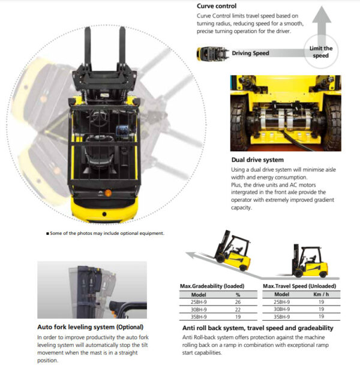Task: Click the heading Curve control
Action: pos(217,6)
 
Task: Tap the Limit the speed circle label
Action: pos(321,52)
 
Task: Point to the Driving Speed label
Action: pos(250,53)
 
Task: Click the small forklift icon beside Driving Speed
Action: pos(213,54)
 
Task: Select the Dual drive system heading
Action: pos(257,160)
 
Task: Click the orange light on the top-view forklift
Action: pos(108,193)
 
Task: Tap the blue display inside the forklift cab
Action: pos(122,130)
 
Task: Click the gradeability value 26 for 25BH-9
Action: pos(238,302)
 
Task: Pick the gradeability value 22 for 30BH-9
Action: pos(238,310)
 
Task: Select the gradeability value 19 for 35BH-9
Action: pos(238,317)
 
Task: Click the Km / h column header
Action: pos(321,294)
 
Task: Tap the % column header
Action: pos(238,295)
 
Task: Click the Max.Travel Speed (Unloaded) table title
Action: pos(299,286)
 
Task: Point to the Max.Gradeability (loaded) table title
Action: pos(212,286)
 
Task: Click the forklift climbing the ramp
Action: pos(232,251)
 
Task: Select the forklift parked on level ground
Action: pos(310,261)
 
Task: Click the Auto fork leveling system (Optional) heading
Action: pos(90,327)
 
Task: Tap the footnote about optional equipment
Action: pos(106,234)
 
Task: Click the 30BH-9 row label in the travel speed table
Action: pos(281,309)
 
